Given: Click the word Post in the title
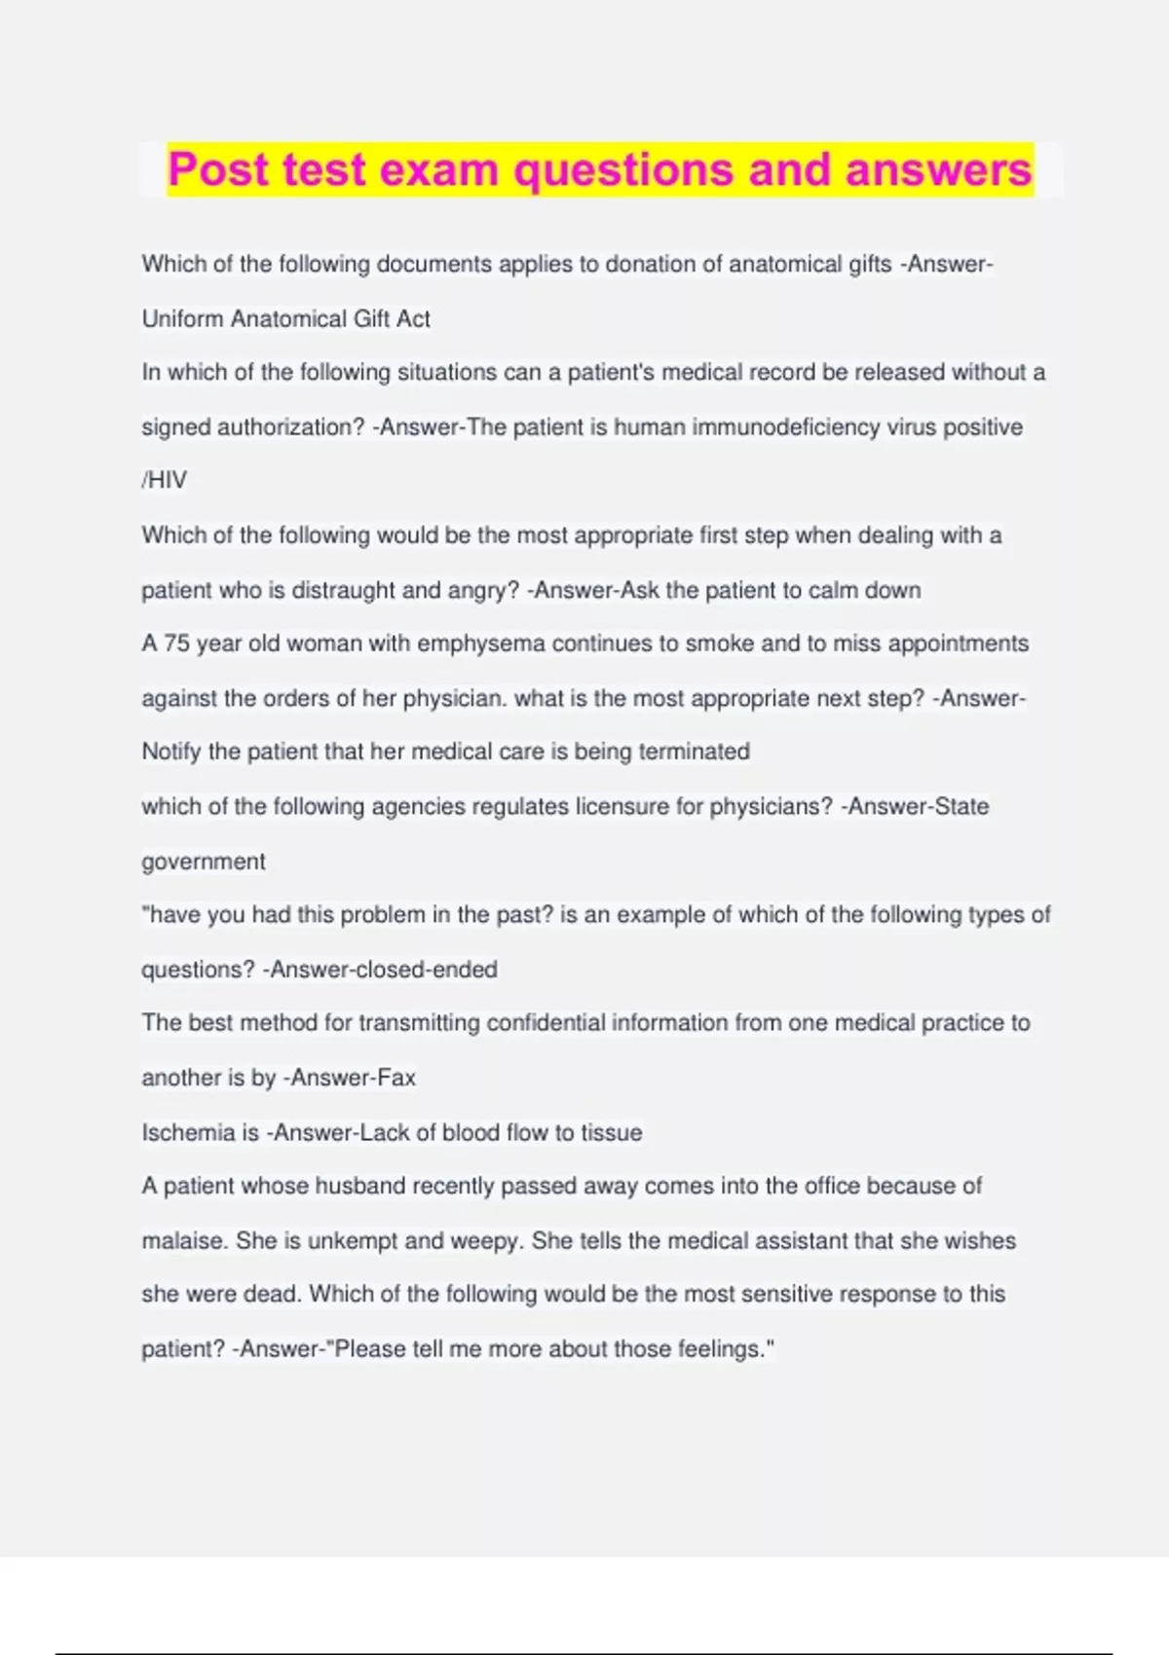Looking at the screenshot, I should (217, 169).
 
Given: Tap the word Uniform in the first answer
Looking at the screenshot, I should (182, 318).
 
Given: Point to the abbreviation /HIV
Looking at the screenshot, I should (164, 480).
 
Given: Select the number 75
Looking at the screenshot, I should (176, 644).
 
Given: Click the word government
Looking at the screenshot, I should (203, 862).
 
